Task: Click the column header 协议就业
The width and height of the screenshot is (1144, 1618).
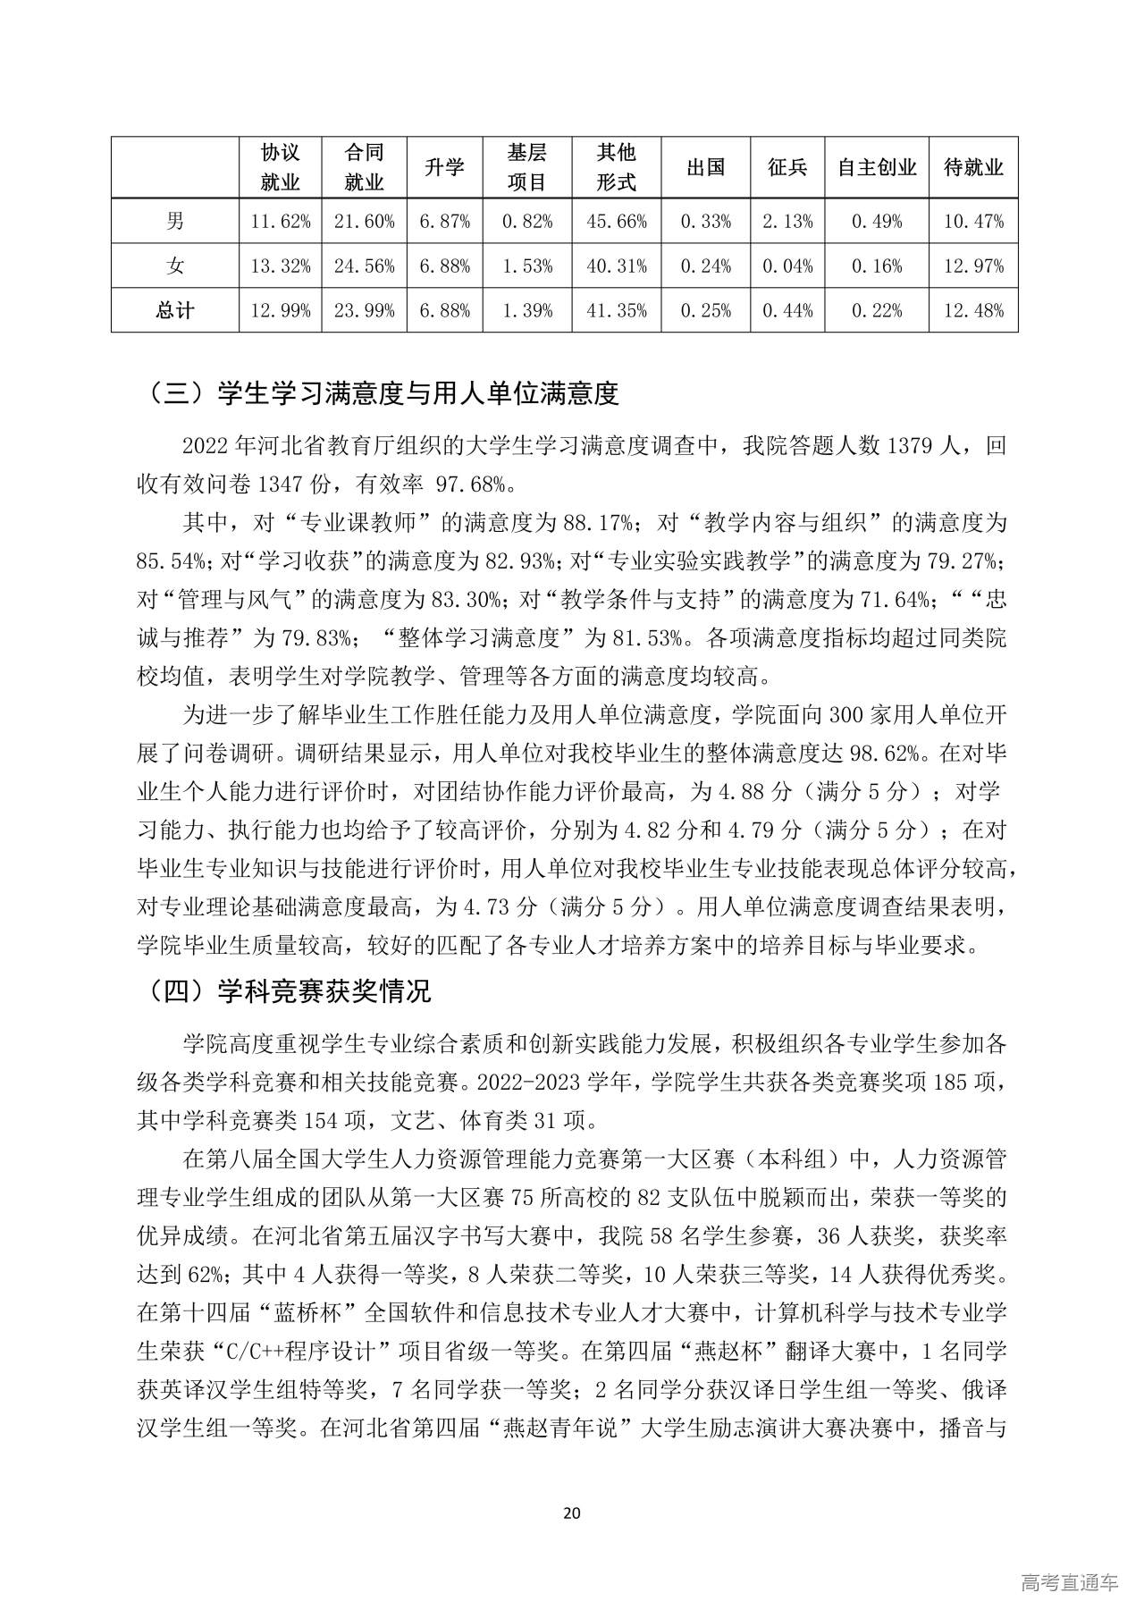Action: point(280,167)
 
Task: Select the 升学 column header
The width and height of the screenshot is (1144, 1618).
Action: point(443,167)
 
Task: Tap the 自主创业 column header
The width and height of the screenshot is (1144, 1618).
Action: point(877,167)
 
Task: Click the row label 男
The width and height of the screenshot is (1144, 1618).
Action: point(175,221)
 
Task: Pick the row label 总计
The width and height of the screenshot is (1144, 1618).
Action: point(175,310)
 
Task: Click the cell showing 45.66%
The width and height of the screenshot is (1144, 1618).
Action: point(617,221)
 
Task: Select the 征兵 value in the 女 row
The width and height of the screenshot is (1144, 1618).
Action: point(787,265)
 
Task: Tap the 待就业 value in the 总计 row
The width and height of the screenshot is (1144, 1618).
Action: point(973,310)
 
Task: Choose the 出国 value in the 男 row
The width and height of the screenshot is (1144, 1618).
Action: point(705,221)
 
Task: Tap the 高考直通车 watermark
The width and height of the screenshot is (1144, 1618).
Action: point(1069,1582)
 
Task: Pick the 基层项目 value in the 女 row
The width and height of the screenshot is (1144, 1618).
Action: point(526,265)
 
